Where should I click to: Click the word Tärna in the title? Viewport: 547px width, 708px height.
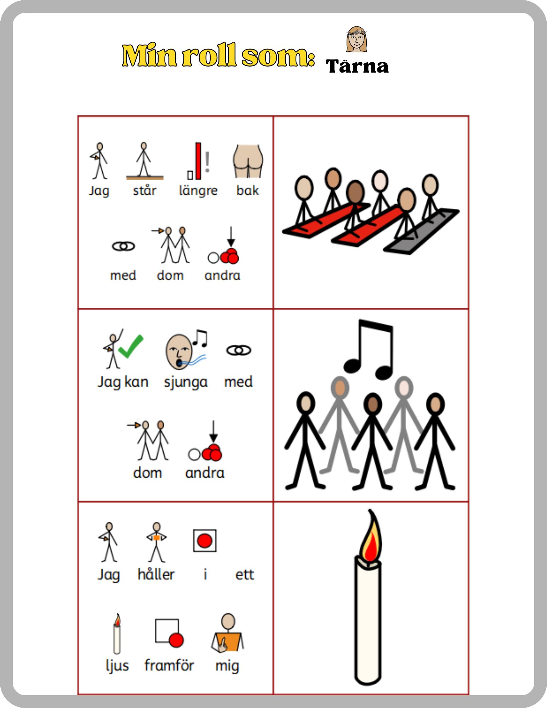pyautogui.click(x=357, y=66)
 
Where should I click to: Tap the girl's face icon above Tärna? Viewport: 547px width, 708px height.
pyautogui.click(x=357, y=39)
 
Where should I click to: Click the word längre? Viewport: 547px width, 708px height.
pyautogui.click(x=198, y=191)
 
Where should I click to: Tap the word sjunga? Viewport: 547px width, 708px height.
pyautogui.click(x=186, y=383)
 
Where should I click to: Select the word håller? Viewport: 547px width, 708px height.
pyautogui.click(x=156, y=574)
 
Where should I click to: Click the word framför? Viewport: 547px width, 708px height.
pyautogui.click(x=169, y=665)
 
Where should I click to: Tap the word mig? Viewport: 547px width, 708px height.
pyautogui.click(x=227, y=666)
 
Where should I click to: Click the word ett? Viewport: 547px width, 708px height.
pyautogui.click(x=245, y=575)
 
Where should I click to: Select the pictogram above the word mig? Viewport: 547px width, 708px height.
pyautogui.click(x=228, y=633)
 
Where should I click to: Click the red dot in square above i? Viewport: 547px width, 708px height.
pyautogui.click(x=205, y=541)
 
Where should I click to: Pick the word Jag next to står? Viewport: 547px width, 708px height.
pyautogui.click(x=99, y=191)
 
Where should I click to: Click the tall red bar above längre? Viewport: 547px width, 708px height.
pyautogui.click(x=198, y=161)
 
